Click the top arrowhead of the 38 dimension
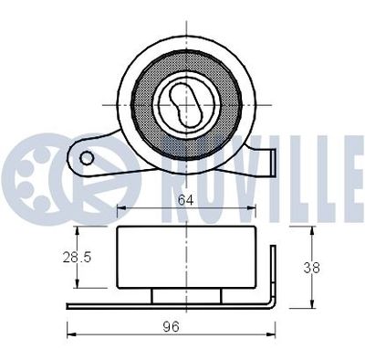pyautogui.click(x=313, y=231)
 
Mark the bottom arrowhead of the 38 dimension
pyautogui.click(x=313, y=305)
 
